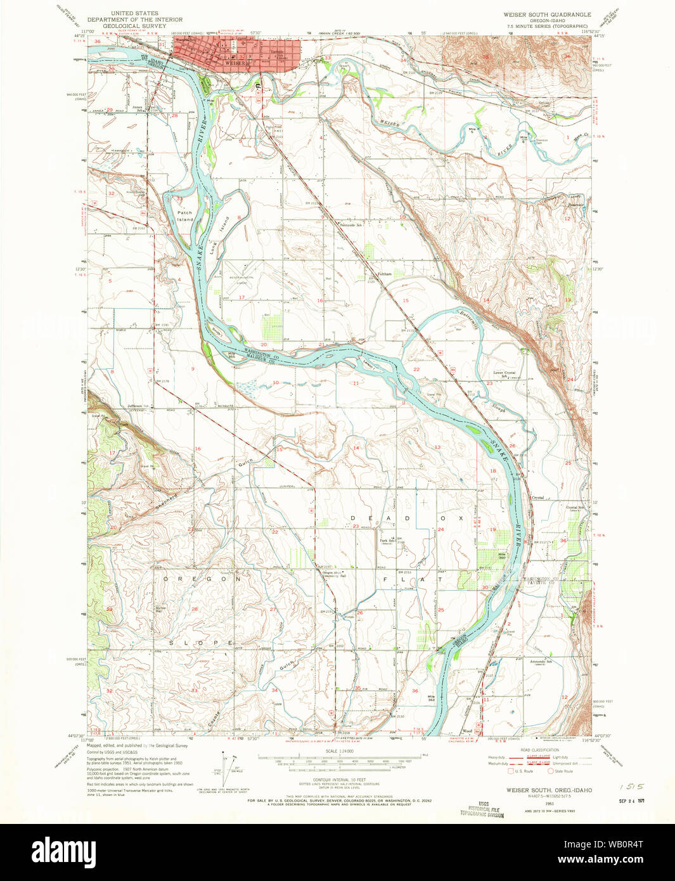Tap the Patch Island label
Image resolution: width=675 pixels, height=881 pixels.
coord(184,216)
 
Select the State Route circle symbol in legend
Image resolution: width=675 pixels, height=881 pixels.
coord(551,771)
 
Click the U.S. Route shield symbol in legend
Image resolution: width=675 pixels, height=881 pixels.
coord(510,771)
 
